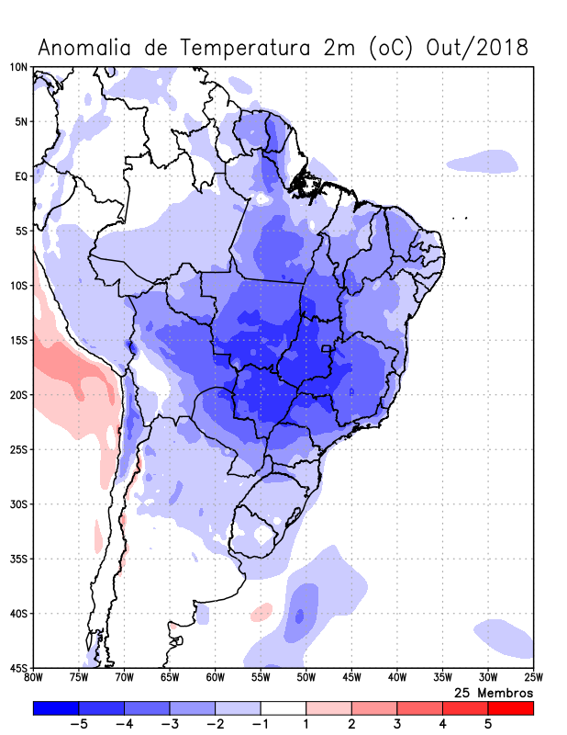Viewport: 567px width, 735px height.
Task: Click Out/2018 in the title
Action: (x=478, y=48)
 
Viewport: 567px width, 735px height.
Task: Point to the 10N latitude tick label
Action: (x=17, y=67)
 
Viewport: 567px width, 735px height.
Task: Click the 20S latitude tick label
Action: (x=17, y=395)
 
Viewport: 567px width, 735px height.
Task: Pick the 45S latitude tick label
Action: (x=17, y=668)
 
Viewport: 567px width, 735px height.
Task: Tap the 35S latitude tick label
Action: (x=17, y=559)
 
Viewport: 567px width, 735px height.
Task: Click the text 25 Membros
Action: (x=494, y=693)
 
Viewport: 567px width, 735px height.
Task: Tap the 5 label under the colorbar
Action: (x=488, y=724)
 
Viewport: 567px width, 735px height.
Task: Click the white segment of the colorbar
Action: (x=283, y=708)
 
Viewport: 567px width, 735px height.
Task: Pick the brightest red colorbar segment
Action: (x=510, y=708)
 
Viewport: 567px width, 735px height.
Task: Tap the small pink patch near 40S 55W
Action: (x=262, y=610)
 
